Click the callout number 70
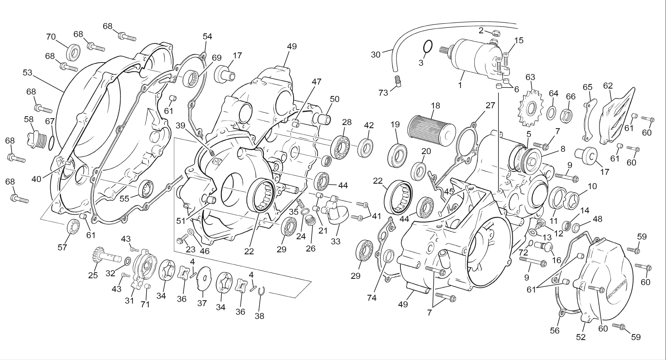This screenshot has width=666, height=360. [51, 37]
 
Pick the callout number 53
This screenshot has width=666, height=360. [27, 73]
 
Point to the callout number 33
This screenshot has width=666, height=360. [336, 242]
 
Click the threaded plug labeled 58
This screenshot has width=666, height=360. [37, 140]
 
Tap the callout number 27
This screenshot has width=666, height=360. [490, 105]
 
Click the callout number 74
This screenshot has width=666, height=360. [372, 298]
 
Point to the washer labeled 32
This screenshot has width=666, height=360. [128, 260]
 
